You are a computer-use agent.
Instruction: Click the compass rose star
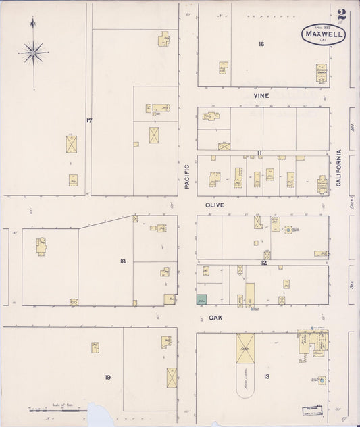(x=33, y=51)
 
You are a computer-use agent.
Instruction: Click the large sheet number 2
(x=342, y=14)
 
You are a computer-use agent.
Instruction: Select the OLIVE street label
(x=215, y=204)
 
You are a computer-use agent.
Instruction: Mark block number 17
(x=88, y=120)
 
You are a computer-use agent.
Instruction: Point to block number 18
(x=122, y=261)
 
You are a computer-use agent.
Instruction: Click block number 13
(x=267, y=376)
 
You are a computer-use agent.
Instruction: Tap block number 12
(x=264, y=262)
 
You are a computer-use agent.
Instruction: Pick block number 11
(x=259, y=153)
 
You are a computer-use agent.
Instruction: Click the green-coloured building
(x=201, y=299)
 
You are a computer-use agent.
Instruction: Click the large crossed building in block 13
(x=245, y=347)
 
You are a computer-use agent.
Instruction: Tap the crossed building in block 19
(x=172, y=377)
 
